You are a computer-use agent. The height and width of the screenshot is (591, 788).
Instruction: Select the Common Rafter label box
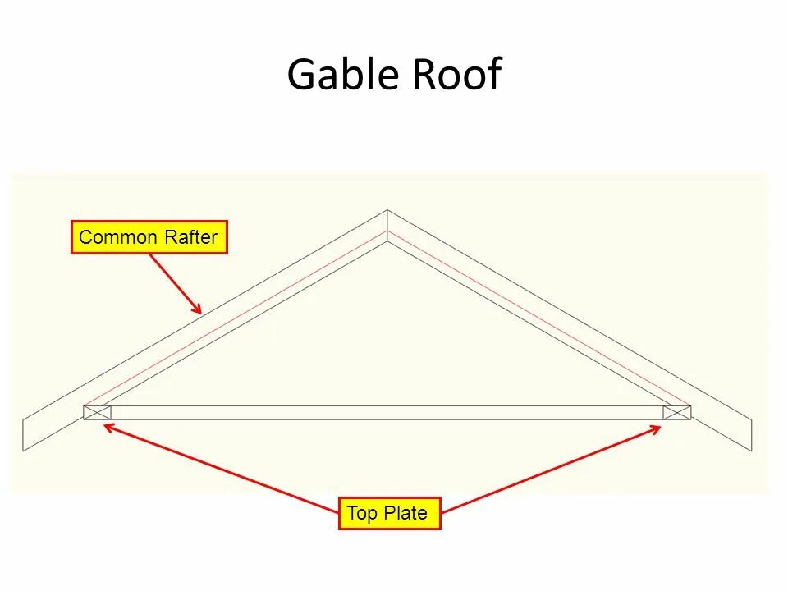[x=149, y=238]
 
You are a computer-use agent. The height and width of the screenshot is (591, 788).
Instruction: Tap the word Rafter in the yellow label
[x=190, y=238]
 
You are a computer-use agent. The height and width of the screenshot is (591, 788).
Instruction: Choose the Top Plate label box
[x=389, y=514]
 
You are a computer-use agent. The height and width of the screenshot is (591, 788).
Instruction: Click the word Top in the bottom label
[x=361, y=514]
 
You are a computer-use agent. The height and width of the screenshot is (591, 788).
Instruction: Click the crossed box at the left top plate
[x=97, y=412]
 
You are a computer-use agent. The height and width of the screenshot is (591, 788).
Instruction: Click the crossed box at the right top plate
[x=677, y=412]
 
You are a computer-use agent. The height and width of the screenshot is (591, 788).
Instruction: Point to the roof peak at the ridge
[x=387, y=212]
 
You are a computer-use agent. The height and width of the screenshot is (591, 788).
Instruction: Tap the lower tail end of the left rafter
[x=24, y=434]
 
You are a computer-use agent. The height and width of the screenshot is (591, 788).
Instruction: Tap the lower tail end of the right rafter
[x=750, y=434]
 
